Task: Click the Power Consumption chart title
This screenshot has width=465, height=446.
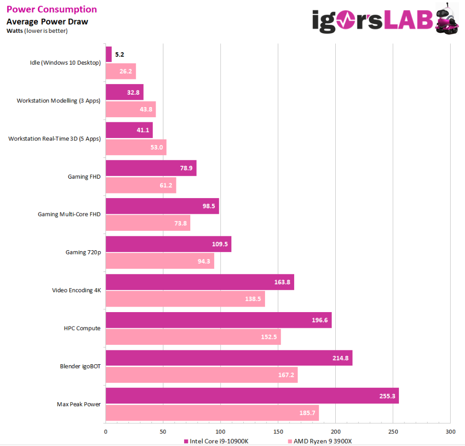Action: tap(52, 9)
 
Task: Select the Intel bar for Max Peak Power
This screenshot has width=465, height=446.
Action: tap(252, 396)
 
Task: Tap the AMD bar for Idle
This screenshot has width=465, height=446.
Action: tap(121, 72)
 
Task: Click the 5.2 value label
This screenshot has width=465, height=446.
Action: tap(120, 54)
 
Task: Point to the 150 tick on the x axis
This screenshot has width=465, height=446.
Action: tap(278, 432)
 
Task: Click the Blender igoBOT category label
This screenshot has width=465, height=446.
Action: tap(80, 367)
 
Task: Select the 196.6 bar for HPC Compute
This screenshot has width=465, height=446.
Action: tap(218, 320)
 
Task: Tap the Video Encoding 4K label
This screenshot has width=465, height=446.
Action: tap(76, 290)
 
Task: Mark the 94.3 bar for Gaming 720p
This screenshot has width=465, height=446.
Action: tap(160, 261)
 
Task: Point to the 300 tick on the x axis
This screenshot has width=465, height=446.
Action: tap(450, 432)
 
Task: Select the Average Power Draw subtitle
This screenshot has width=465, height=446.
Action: tap(47, 22)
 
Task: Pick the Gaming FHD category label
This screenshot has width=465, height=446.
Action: tap(84, 176)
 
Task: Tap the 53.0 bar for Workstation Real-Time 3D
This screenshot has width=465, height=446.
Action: tap(136, 147)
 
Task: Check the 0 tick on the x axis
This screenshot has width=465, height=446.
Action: tap(106, 432)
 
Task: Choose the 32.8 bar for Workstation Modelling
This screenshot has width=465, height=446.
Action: tap(124, 92)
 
